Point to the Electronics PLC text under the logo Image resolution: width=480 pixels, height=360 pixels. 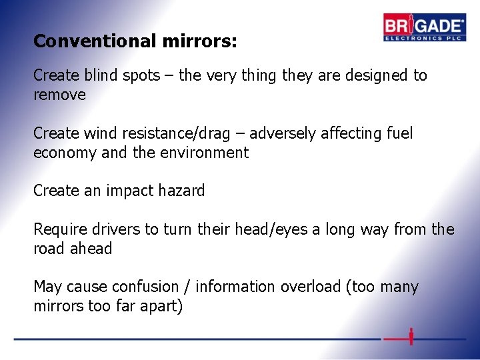[x=424, y=37]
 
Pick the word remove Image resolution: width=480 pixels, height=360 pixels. [x=60, y=95]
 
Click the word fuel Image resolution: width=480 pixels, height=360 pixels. [x=399, y=133]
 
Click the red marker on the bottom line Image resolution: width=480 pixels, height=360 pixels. [x=411, y=337]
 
